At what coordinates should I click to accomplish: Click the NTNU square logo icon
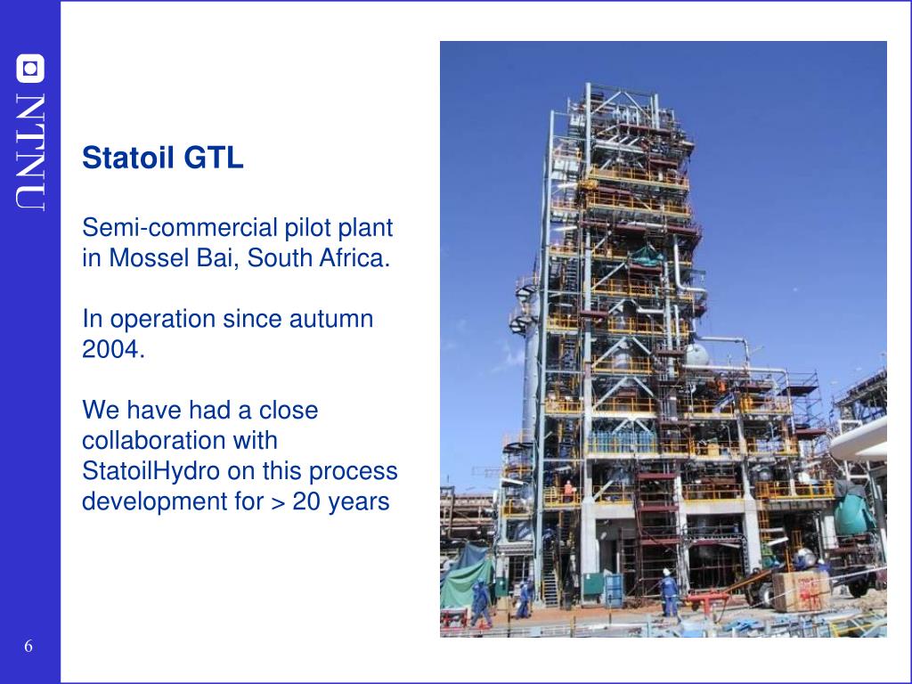(x=30, y=69)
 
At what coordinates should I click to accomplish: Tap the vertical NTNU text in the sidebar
(x=30, y=151)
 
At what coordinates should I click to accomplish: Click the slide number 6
(x=28, y=646)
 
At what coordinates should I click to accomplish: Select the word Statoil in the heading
(x=128, y=158)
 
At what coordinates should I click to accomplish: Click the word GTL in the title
(x=214, y=158)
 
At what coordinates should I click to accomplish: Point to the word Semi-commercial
(x=180, y=227)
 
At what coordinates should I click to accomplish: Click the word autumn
(x=331, y=319)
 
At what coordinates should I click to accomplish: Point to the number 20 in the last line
(x=306, y=501)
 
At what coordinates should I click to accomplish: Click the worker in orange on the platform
(x=568, y=492)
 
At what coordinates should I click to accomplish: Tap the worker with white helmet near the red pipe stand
(x=669, y=592)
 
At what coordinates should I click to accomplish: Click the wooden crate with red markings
(x=802, y=590)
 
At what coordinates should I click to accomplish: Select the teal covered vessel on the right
(x=852, y=509)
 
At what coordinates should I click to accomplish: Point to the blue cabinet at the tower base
(x=614, y=590)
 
